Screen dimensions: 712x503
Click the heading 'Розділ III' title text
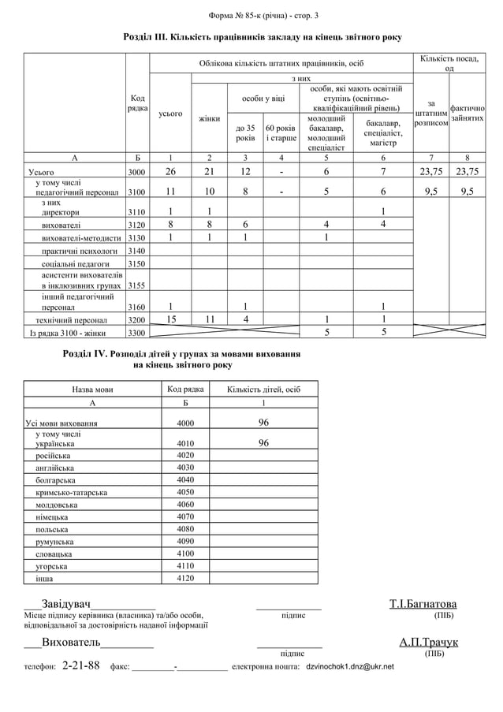point(263,37)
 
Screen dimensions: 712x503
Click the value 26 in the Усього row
point(171,171)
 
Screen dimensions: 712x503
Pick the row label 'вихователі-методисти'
point(78,238)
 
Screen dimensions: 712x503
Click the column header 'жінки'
point(209,118)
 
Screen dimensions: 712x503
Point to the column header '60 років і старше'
point(281,132)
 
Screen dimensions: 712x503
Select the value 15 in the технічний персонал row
point(171,319)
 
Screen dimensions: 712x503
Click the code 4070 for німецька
point(185,517)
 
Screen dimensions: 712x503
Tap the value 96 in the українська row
point(263,443)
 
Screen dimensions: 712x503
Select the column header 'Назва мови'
point(92,390)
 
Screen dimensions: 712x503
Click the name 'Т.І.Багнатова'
point(423,605)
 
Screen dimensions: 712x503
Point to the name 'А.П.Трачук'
point(428,642)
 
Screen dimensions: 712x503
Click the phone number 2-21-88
point(80,665)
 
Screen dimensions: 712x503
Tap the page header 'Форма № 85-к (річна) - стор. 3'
point(263,16)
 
